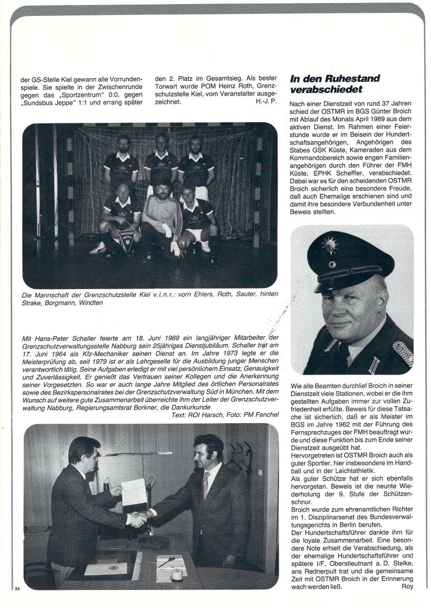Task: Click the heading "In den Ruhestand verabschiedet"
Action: [x=335, y=84]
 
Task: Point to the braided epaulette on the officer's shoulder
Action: [x=402, y=354]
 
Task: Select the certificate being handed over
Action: [x=133, y=492]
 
